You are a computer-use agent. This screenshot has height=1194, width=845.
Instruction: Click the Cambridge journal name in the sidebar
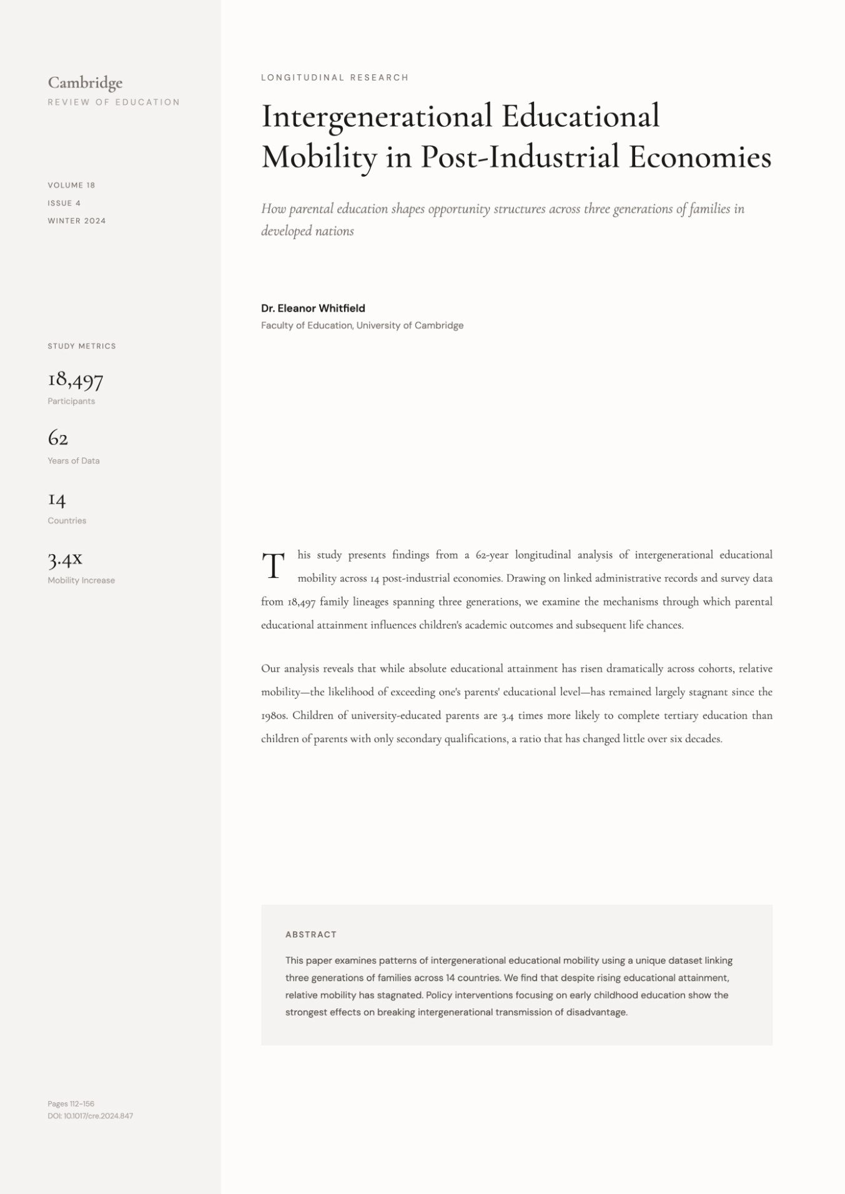click(85, 83)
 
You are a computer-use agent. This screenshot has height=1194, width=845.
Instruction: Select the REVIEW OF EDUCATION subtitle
click(114, 102)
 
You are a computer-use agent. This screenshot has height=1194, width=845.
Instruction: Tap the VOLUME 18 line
click(71, 185)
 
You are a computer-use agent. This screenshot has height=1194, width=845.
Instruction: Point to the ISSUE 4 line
click(64, 203)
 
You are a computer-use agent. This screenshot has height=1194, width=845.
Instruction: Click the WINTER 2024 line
click(77, 221)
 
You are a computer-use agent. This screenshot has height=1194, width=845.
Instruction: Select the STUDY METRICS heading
click(82, 346)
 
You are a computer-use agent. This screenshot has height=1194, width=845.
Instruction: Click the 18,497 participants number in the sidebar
click(76, 379)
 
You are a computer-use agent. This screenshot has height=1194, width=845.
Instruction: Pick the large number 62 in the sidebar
click(58, 438)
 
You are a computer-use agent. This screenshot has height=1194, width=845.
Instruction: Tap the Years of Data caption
click(74, 461)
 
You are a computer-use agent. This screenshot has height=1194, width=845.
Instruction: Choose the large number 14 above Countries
click(57, 499)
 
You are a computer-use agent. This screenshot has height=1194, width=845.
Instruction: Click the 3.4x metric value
click(65, 559)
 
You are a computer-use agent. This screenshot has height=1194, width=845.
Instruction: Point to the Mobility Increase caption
click(81, 580)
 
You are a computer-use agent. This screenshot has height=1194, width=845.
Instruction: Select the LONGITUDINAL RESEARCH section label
click(335, 78)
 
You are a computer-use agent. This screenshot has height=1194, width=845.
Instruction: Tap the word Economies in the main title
click(699, 157)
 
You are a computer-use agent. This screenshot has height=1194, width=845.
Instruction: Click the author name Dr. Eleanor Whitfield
click(313, 308)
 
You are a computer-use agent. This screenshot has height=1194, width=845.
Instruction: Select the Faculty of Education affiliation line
click(362, 326)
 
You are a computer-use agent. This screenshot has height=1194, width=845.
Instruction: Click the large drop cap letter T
click(273, 565)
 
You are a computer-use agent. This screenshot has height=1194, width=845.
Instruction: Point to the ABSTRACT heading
click(311, 934)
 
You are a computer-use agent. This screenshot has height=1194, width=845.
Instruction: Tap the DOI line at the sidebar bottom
click(91, 1116)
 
